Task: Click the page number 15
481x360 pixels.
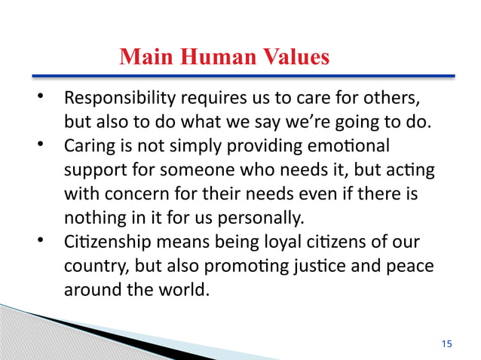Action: tap(446, 343)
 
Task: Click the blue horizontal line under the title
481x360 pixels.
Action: tap(241, 76)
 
